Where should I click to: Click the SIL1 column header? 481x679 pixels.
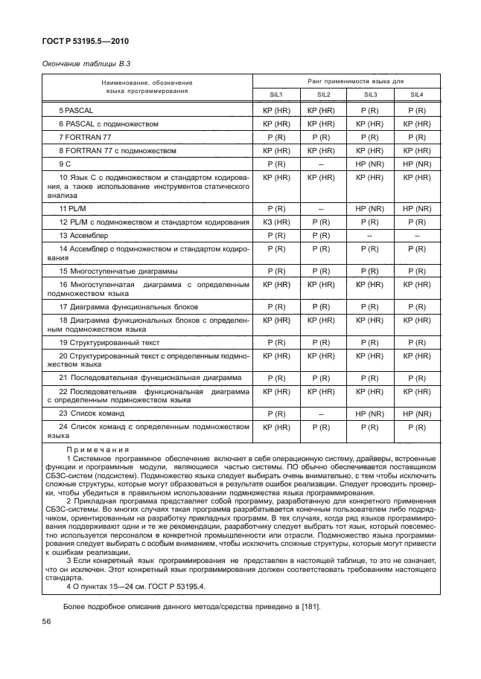(276, 95)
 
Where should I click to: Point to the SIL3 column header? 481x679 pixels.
(370, 95)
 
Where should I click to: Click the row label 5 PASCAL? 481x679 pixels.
(76, 110)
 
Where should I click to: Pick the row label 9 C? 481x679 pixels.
(66, 164)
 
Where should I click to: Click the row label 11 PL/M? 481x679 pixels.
(73, 210)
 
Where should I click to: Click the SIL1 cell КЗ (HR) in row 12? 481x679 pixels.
(276, 222)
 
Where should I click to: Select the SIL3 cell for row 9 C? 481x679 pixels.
(370, 164)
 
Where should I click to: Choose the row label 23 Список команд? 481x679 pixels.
(92, 413)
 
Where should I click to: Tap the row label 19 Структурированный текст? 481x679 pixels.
(109, 342)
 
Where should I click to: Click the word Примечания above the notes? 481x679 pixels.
(98, 449)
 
